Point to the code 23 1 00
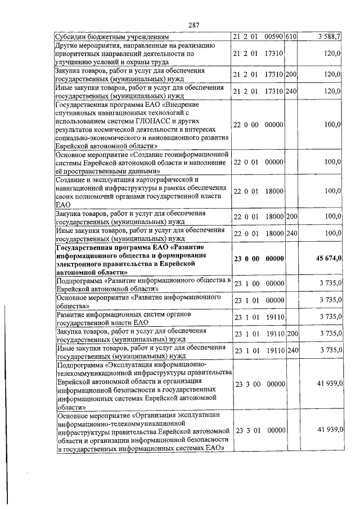click(x=246, y=284)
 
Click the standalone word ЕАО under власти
click(x=62, y=205)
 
